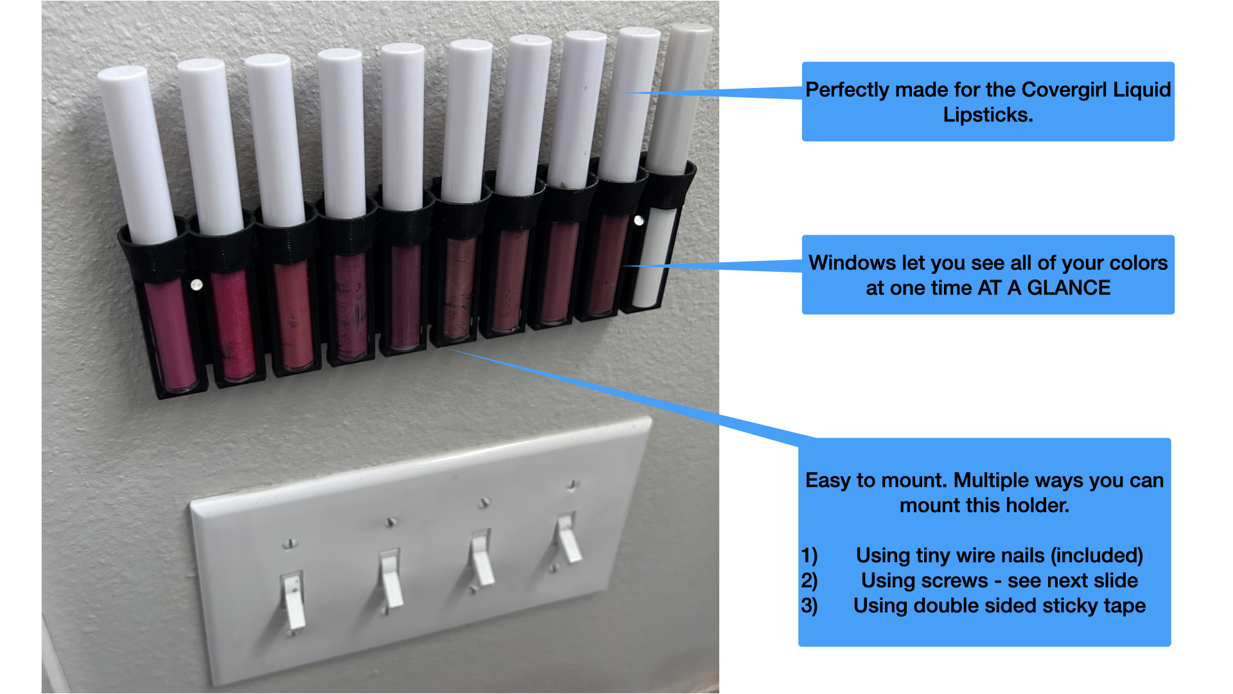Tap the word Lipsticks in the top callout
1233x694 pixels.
point(986,115)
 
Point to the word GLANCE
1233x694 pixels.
point(1069,288)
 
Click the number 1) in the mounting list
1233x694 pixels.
point(809,555)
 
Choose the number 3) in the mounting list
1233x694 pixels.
point(809,605)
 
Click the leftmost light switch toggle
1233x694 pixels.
point(293,601)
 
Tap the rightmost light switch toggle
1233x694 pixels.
point(568,537)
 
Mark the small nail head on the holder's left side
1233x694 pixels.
point(197,284)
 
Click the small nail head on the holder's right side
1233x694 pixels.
point(638,220)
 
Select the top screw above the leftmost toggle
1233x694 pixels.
point(290,544)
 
